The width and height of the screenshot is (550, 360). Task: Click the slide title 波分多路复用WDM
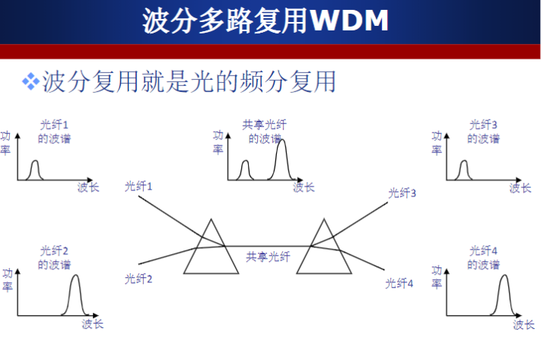coord(265,21)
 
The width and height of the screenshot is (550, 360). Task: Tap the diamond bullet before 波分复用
coord(30,80)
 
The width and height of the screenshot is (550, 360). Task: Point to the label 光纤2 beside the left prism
coord(138,279)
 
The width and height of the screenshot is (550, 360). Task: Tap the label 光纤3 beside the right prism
coord(402,193)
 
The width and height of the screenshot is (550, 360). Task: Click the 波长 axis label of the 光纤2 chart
coord(93,325)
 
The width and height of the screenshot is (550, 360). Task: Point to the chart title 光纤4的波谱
coord(484,258)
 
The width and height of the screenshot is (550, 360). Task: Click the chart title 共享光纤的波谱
coord(265,132)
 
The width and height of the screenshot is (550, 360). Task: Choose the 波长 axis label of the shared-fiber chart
coord(304,187)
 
